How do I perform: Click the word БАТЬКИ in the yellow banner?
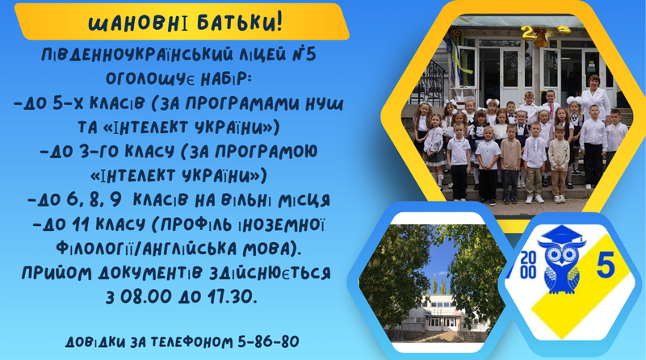coord(240,23)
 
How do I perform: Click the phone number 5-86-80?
coord(268,341)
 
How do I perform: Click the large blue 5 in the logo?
coord(605,265)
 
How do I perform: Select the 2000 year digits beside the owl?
coord(528,266)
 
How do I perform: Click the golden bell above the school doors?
coord(540,38)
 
